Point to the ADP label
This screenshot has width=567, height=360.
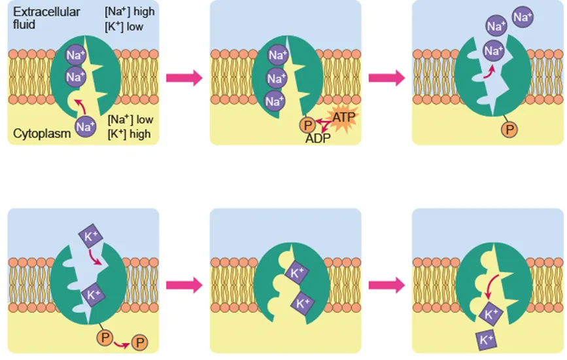(318, 139)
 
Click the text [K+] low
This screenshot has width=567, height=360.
(124, 27)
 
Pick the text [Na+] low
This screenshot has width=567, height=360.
(129, 120)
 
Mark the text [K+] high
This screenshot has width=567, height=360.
(129, 134)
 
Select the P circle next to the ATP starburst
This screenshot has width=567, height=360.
(305, 125)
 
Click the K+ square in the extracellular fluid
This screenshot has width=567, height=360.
(89, 236)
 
